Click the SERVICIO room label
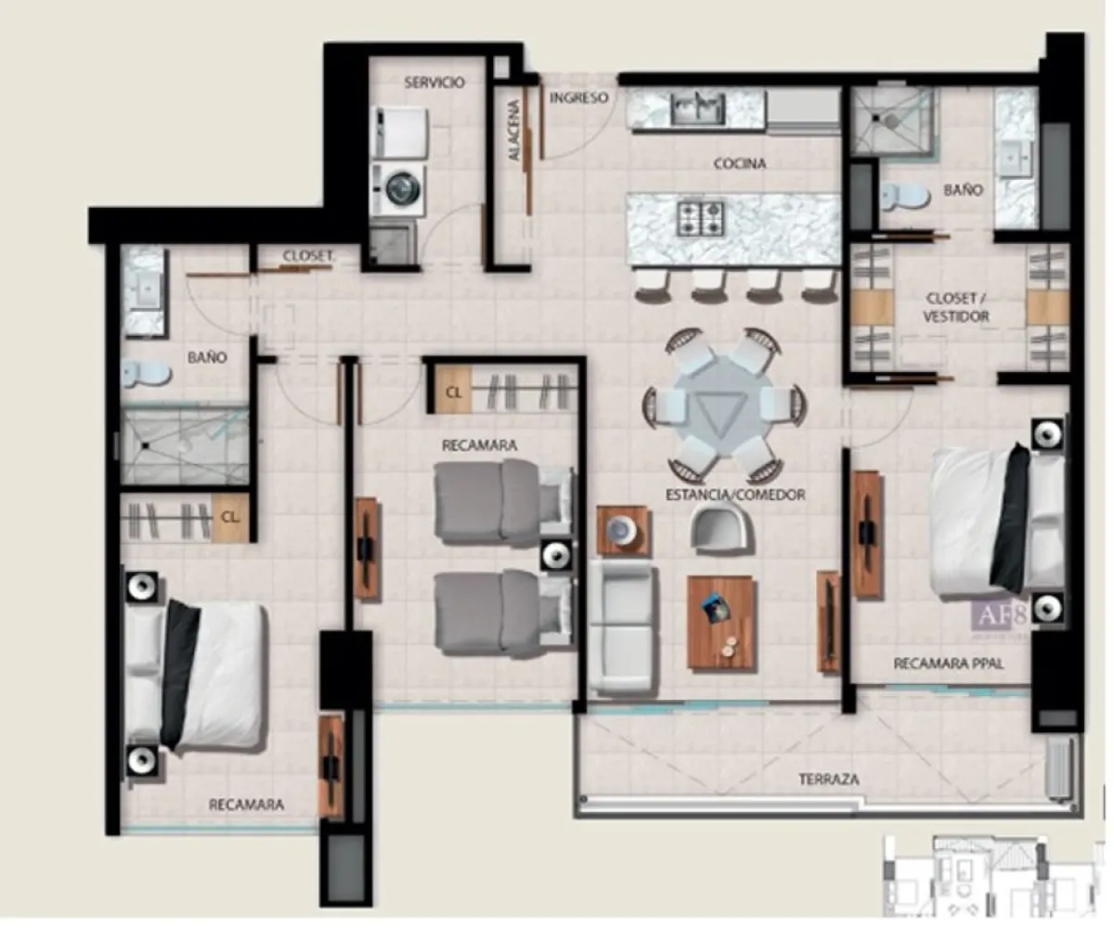(x=434, y=83)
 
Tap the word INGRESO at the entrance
(x=578, y=97)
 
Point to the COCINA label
(x=740, y=164)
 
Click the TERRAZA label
(x=829, y=780)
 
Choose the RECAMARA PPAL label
(x=948, y=664)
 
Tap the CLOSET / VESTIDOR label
(x=956, y=307)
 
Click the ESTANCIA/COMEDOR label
(x=734, y=495)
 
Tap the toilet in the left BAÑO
(x=147, y=373)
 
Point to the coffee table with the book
(x=720, y=622)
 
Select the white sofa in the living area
(x=622, y=629)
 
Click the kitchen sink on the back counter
(x=699, y=110)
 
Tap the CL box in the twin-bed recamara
(x=453, y=392)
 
